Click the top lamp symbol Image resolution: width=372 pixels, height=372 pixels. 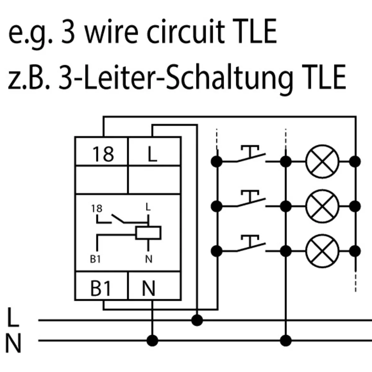click(322, 161)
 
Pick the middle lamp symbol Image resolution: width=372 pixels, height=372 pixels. click(322, 206)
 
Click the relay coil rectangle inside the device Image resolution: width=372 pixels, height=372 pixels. click(148, 233)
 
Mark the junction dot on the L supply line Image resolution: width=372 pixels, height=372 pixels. click(197, 320)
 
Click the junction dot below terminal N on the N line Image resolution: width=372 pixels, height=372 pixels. click(152, 340)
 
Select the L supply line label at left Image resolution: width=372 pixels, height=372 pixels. click(13, 317)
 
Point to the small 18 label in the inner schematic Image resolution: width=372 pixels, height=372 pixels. click(97, 208)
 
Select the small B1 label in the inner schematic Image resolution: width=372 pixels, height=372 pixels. click(95, 259)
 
